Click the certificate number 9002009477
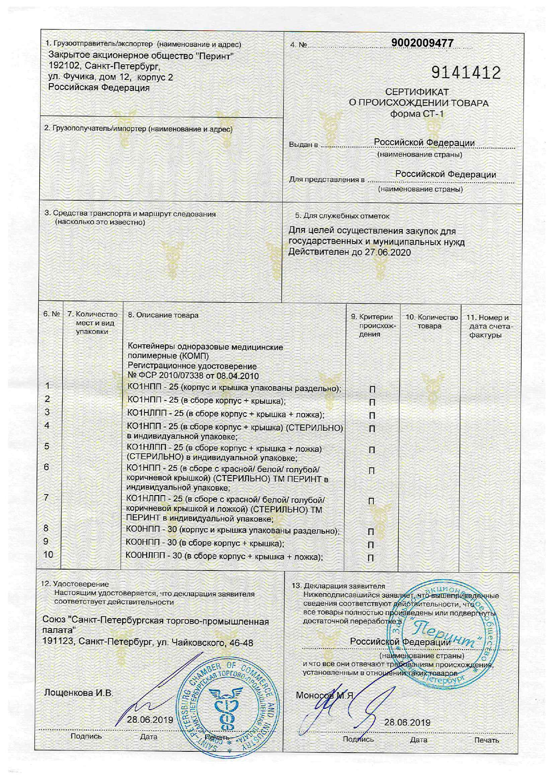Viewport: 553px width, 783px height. point(422,43)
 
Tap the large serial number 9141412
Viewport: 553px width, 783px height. point(466,73)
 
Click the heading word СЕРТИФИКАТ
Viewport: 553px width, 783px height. point(417,92)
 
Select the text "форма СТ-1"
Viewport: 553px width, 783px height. point(417,114)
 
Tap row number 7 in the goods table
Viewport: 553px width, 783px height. point(46,498)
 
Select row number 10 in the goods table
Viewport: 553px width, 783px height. point(48,554)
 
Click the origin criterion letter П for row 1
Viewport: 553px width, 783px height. point(372,390)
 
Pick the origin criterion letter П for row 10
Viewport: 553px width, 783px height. point(371,558)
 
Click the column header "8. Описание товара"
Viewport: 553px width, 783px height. point(163,315)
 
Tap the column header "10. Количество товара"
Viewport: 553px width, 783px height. point(431,321)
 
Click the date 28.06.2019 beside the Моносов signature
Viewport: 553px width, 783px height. point(407,723)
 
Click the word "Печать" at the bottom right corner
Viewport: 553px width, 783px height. point(487,740)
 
